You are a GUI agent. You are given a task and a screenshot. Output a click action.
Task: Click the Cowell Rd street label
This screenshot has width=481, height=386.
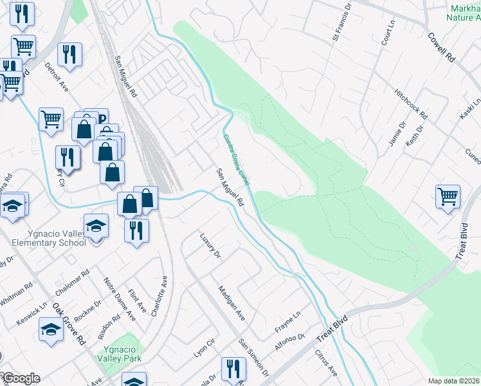click(x=441, y=47)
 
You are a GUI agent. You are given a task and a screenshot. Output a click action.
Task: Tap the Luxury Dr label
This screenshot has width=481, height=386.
click(x=210, y=247)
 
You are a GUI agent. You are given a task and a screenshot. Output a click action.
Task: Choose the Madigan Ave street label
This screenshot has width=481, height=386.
click(x=231, y=303)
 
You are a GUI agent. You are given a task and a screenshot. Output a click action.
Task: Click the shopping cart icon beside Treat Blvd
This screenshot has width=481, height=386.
click(x=448, y=196)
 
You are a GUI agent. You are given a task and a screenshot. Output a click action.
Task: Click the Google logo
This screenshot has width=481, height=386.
click(x=21, y=378)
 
